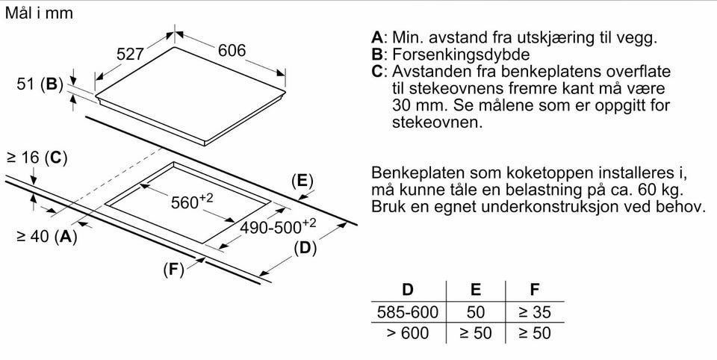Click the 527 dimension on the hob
[x=130, y=55]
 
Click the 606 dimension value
[x=232, y=50]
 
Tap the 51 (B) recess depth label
[x=40, y=84]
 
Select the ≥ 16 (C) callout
[x=37, y=158]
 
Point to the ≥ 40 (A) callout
[x=46, y=237]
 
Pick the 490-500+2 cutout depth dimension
[x=278, y=226]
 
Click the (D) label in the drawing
[x=305, y=249]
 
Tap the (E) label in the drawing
[x=302, y=181]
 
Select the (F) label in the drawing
[x=173, y=270]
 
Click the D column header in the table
[x=408, y=289]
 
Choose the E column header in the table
[x=476, y=289]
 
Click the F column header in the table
[x=534, y=289]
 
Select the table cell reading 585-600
[x=408, y=312]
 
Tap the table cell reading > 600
[x=408, y=332]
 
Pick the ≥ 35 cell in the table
[x=535, y=312]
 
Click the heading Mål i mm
[x=39, y=13]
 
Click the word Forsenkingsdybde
[x=461, y=55]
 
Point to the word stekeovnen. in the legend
[x=437, y=122]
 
